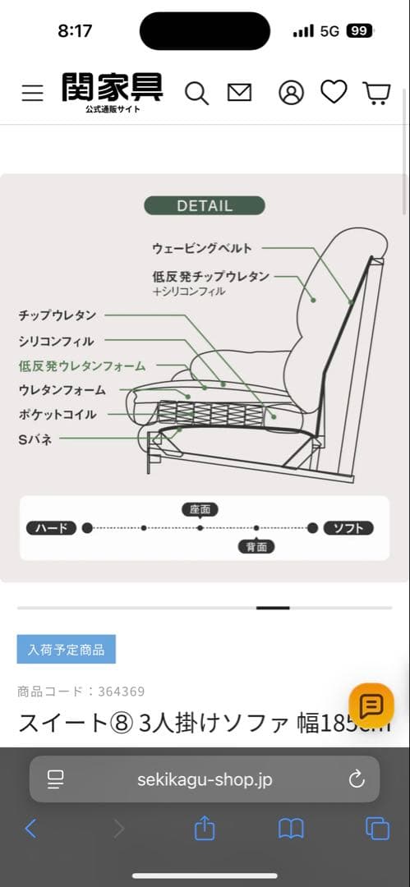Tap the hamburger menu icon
tap(32, 93)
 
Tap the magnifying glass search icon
tap(196, 93)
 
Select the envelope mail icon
tap(239, 93)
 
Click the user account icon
tap(291, 93)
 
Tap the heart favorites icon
tap(334, 92)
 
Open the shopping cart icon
tap(376, 93)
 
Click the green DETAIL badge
tap(205, 206)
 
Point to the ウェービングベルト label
tap(202, 248)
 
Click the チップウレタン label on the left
tap(58, 315)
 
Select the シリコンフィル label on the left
tap(56, 341)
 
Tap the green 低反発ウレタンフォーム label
tap(82, 365)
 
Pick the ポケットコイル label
tap(58, 414)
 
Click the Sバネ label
tap(35, 439)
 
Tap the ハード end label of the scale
tap(52, 528)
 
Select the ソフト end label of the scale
tap(348, 528)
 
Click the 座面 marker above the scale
tap(200, 509)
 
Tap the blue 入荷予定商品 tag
tap(67, 649)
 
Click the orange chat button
tap(371, 705)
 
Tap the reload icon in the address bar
tap(356, 779)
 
